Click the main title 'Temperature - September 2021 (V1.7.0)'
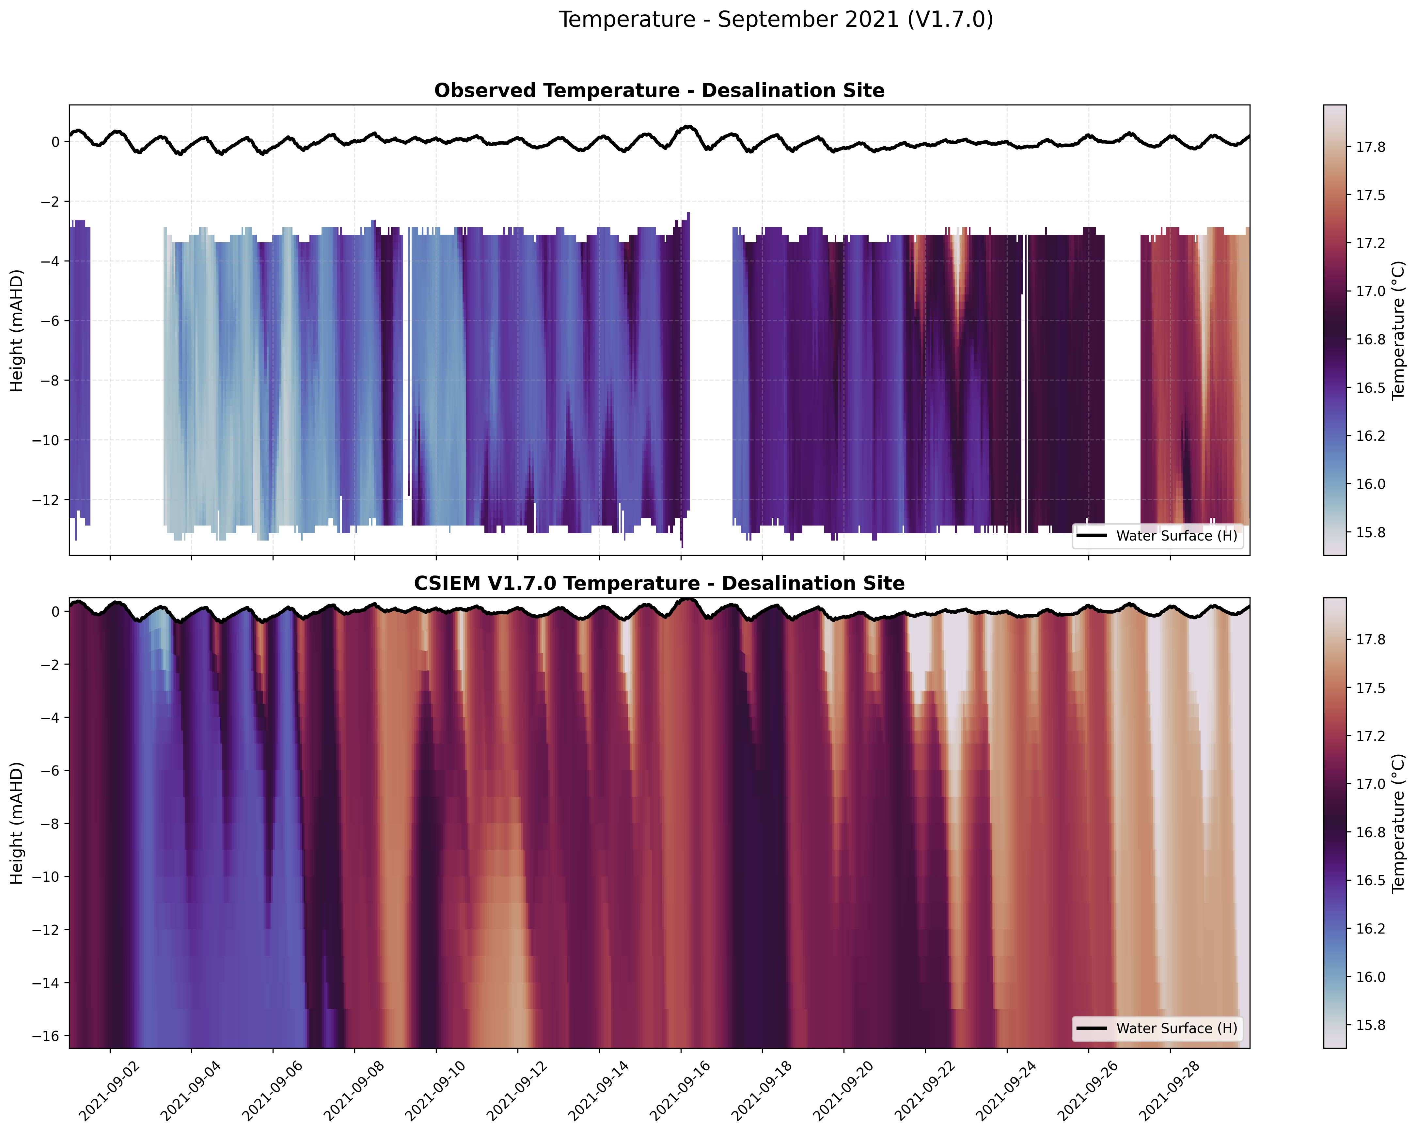(x=776, y=20)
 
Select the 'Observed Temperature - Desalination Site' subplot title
(x=659, y=91)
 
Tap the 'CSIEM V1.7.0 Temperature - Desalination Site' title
(x=659, y=584)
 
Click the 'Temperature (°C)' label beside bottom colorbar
(x=1398, y=823)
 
